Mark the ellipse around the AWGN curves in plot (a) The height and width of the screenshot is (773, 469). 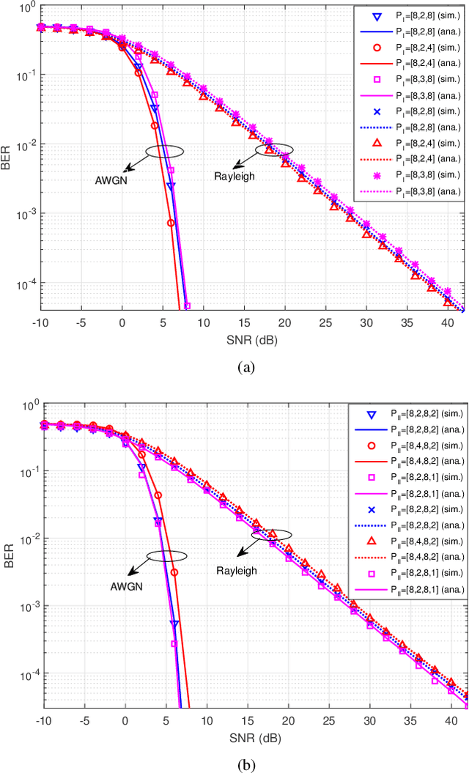164,151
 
